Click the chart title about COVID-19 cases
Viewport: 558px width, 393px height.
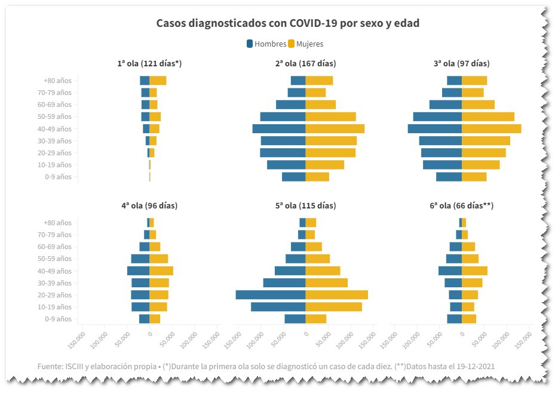tap(287, 23)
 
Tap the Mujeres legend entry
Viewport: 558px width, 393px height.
tap(306, 44)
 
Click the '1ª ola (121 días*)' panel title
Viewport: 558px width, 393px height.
tap(149, 63)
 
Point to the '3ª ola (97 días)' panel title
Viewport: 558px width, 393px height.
tap(462, 63)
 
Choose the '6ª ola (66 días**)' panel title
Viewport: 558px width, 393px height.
tap(461, 205)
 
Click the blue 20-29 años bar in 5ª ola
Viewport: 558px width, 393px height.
tap(271, 295)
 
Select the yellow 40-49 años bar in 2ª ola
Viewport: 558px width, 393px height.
tap(335, 129)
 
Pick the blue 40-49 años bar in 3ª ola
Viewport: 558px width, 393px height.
tap(435, 129)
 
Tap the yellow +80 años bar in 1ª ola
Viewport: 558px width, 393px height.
tap(158, 81)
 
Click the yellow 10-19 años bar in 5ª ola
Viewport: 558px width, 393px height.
tap(333, 307)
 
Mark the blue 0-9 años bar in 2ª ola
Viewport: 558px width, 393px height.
tap(294, 177)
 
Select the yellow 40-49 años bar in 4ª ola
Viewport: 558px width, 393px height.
tap(161, 271)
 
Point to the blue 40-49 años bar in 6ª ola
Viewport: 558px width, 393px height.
tap(450, 271)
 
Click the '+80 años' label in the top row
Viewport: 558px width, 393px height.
tap(57, 81)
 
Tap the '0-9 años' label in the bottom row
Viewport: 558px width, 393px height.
tap(57, 319)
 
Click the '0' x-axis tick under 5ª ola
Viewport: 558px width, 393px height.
tap(305, 335)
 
